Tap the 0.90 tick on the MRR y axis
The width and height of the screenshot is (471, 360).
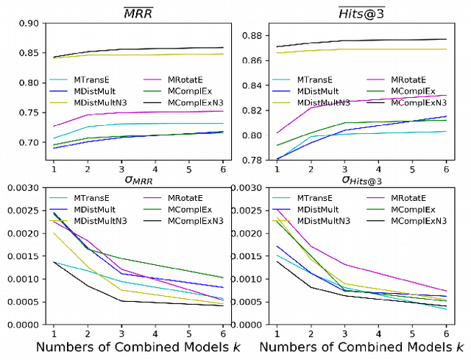coord(29,23)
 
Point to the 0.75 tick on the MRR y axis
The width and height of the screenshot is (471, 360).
coord(29,113)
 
